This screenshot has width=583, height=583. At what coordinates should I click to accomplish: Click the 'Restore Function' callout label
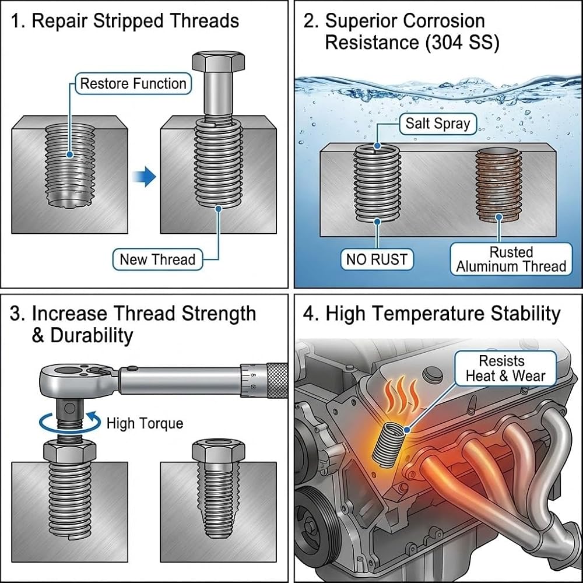(133, 83)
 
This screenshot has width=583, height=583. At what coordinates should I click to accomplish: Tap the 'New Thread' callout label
(157, 259)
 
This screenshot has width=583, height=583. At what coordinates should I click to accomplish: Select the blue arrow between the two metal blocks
(144, 177)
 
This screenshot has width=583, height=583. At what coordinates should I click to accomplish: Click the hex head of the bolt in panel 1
(219, 61)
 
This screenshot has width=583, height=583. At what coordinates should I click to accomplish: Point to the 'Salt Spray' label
(438, 124)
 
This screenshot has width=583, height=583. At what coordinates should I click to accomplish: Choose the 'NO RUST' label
(377, 259)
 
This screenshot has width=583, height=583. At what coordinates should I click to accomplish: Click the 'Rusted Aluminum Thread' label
(511, 259)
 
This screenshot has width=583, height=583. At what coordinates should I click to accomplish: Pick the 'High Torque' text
(145, 423)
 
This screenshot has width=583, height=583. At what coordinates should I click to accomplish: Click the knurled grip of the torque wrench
(277, 380)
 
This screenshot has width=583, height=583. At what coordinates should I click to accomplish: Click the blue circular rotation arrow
(70, 423)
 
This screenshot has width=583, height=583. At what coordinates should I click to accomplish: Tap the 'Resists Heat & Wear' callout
(505, 368)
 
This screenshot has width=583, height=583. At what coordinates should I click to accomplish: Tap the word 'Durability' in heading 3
(92, 335)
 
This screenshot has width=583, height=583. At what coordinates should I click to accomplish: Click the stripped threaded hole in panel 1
(70, 165)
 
